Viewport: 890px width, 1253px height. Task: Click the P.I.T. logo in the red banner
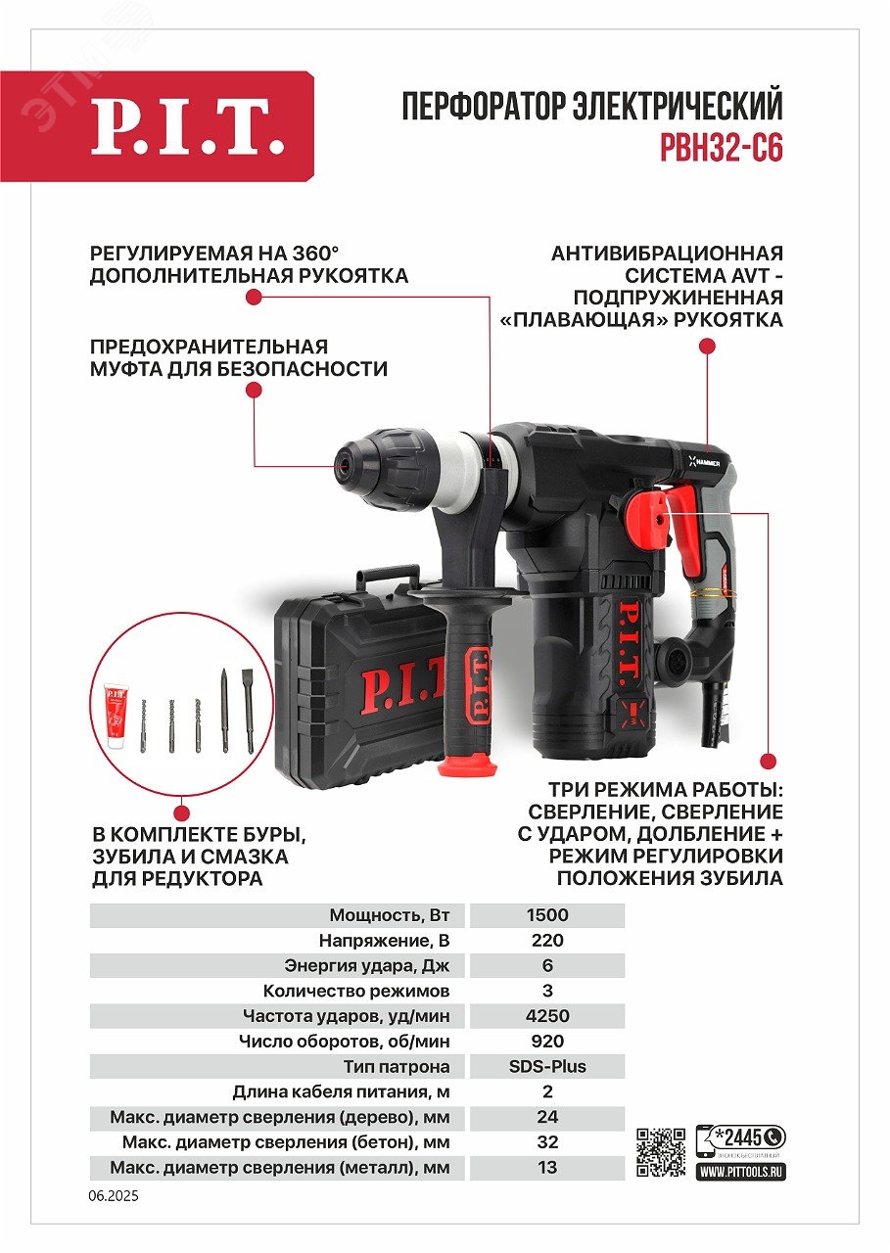pos(187,126)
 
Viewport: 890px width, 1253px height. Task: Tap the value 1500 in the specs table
pos(546,915)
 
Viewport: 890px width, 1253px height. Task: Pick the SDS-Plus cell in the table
pos(546,1066)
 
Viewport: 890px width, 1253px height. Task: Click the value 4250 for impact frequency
pos(546,1016)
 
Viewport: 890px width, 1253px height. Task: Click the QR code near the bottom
pos(661,1153)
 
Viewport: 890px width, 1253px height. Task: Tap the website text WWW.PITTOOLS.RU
pos(742,1171)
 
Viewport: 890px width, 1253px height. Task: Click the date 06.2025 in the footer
pos(115,1195)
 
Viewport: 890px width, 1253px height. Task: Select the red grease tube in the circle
pos(117,717)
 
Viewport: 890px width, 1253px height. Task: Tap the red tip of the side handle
pos(467,763)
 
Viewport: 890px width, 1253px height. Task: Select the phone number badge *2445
pos(740,1137)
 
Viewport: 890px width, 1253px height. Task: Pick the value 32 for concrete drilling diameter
pos(547,1141)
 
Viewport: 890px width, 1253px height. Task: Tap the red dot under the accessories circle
pos(181,811)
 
